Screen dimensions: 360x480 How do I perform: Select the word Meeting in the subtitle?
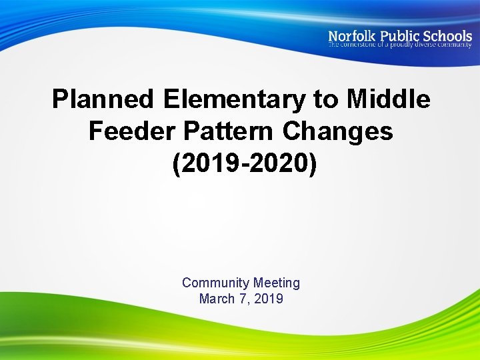coord(277,283)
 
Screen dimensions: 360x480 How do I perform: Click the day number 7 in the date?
coord(243,299)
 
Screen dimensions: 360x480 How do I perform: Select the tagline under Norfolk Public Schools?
coord(399,45)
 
